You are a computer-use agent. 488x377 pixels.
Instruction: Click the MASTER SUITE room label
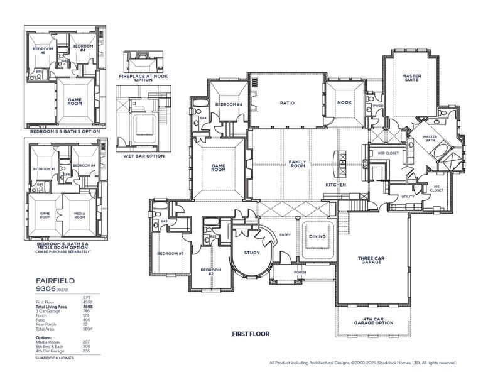tap(411, 79)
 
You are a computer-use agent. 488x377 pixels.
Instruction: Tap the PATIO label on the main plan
tap(287, 103)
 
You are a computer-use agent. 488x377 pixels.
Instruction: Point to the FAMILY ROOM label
tap(297, 163)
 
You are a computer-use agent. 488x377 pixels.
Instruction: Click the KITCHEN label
tap(336, 185)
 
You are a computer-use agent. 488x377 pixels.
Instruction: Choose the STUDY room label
tap(252, 253)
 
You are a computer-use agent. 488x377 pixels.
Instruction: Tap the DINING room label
tap(317, 236)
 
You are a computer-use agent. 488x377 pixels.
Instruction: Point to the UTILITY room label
tap(408, 197)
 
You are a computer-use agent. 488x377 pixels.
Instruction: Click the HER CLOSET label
tap(388, 153)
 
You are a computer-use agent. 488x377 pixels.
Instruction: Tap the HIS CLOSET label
tap(438, 188)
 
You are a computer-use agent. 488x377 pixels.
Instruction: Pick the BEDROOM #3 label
tap(170, 253)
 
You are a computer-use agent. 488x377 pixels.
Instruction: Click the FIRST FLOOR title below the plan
tap(251, 334)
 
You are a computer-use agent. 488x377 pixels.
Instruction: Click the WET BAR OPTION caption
tap(144, 156)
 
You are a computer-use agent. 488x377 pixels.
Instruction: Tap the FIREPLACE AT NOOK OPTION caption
tap(144, 78)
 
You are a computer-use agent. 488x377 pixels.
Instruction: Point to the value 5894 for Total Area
tap(88, 329)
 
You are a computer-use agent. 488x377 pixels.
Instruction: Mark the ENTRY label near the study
tap(285, 235)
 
